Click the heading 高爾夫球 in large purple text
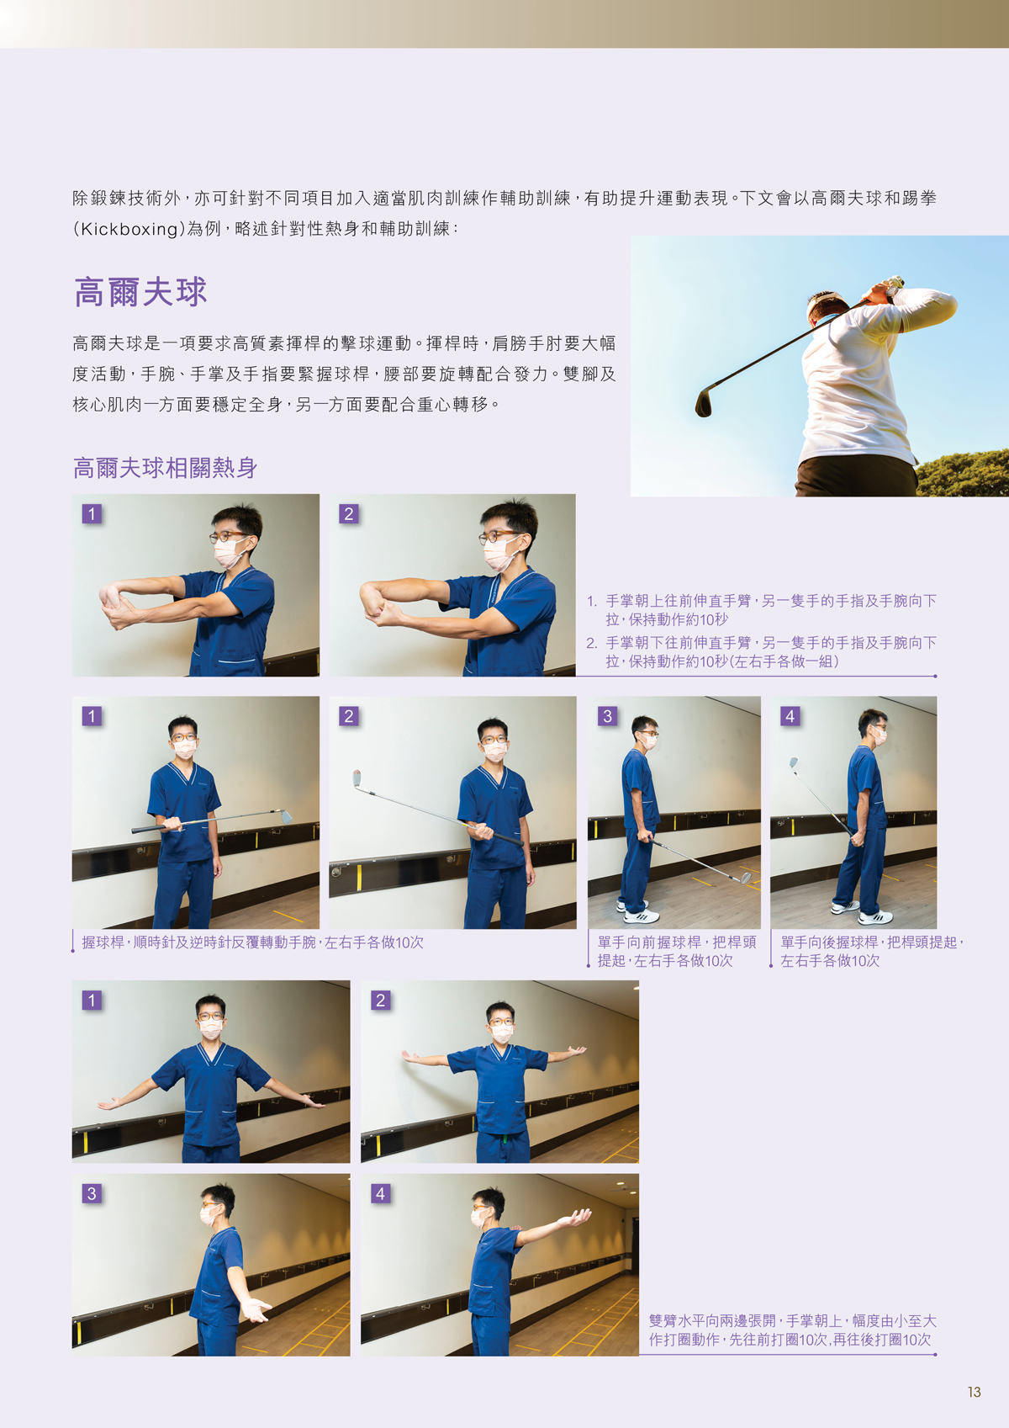[140, 293]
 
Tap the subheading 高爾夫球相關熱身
[165, 468]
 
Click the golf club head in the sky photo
[703, 403]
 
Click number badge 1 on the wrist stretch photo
[92, 514]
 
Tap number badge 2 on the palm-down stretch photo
[348, 514]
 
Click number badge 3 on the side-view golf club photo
[607, 716]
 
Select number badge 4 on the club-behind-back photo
[790, 716]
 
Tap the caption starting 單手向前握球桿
[677, 951]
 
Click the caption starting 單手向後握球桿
[871, 951]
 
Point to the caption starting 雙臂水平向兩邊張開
[792, 1330]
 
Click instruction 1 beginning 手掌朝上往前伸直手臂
[762, 610]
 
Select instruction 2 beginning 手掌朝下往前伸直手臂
[762, 652]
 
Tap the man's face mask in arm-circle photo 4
[479, 1218]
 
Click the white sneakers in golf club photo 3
[635, 911]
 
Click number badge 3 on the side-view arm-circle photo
[92, 1193]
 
